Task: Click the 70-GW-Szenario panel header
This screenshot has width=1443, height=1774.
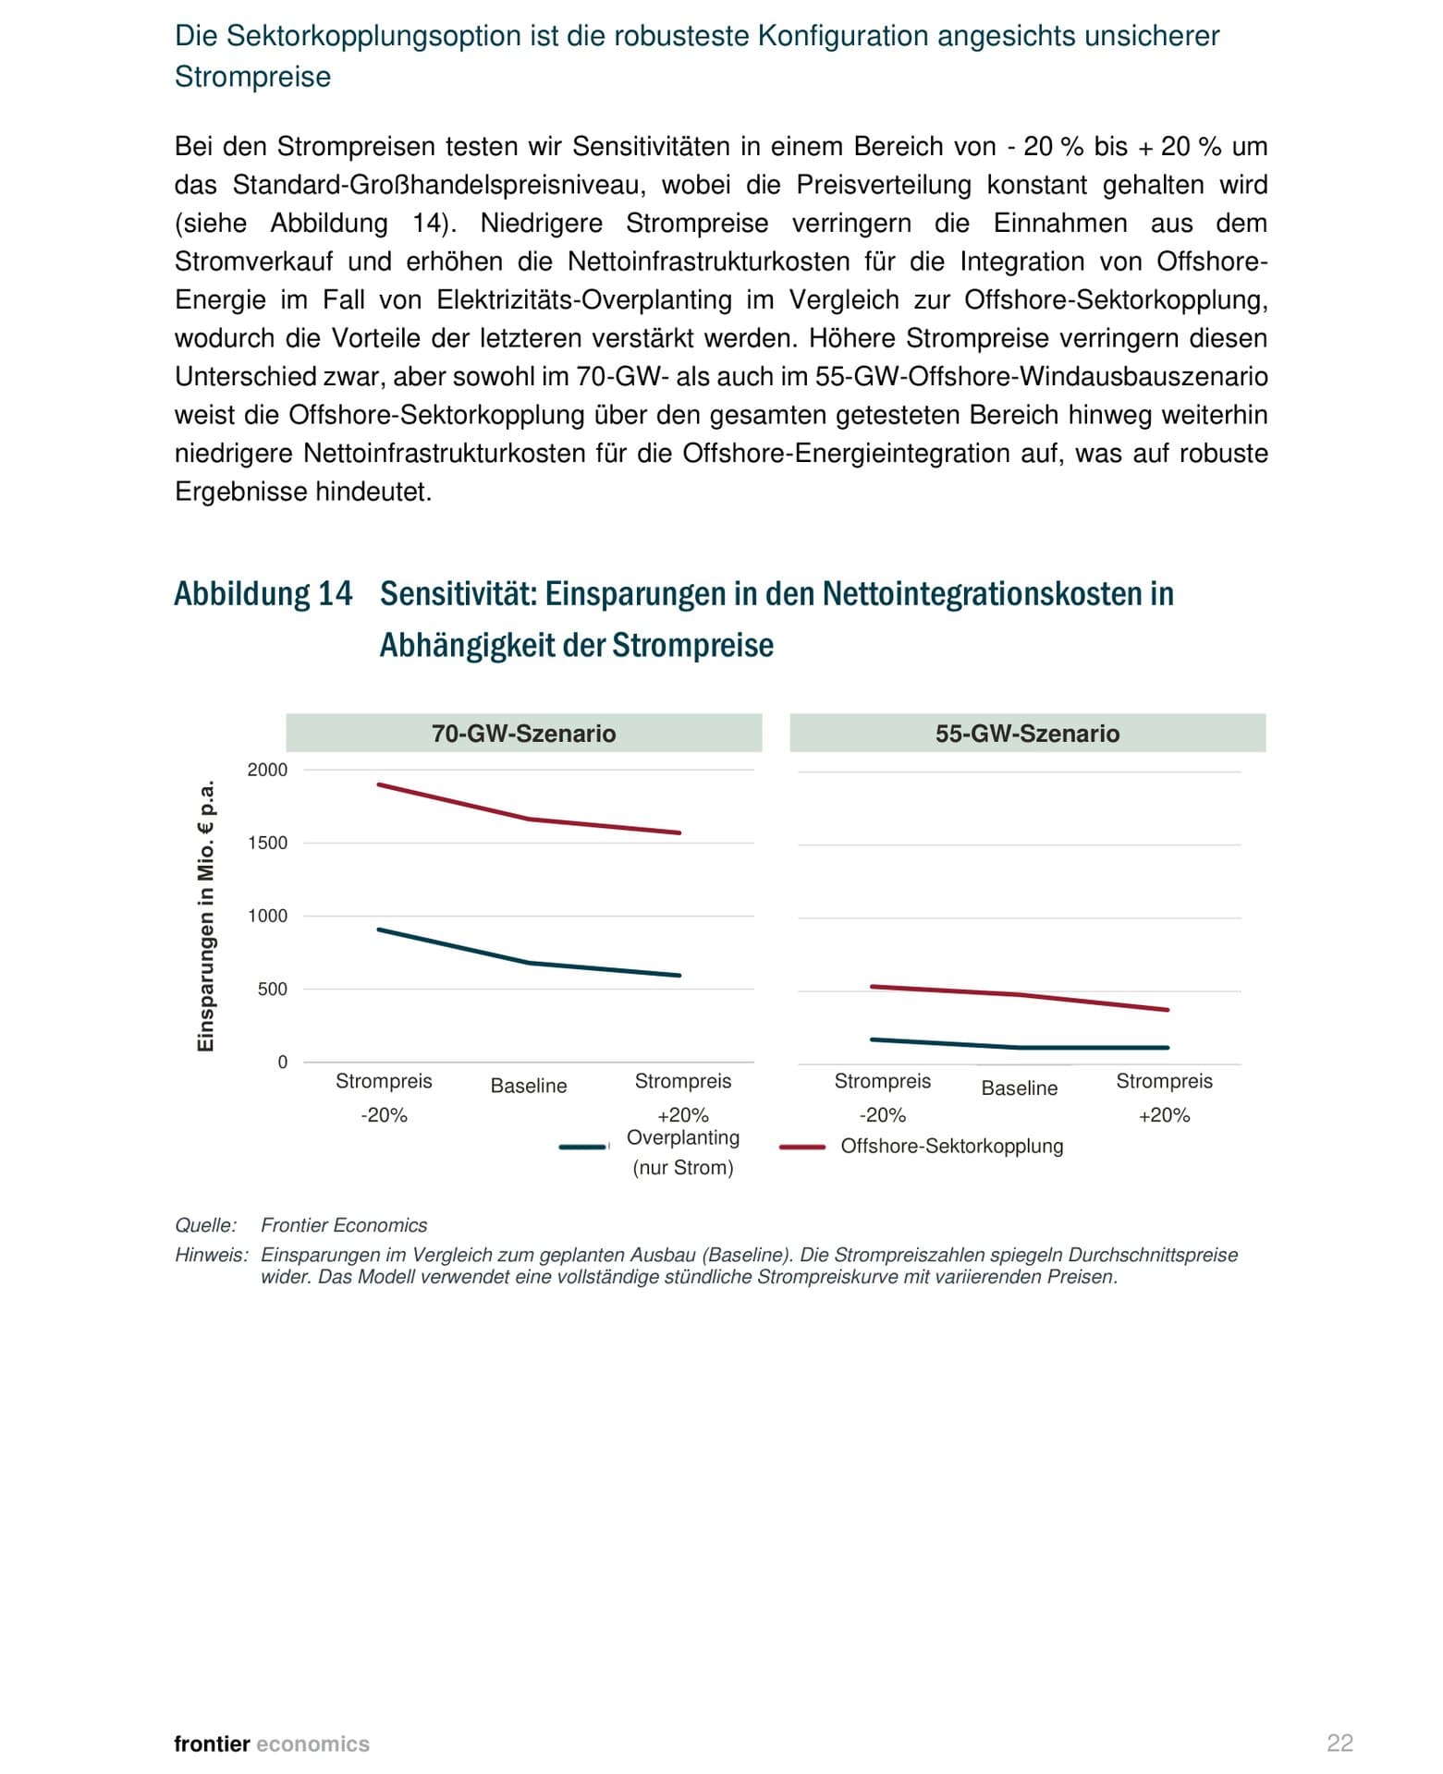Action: (523, 734)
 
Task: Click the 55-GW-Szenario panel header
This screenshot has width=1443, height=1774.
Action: (1027, 734)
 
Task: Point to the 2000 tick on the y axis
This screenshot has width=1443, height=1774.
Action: (267, 770)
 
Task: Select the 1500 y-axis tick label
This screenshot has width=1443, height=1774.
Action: (267, 843)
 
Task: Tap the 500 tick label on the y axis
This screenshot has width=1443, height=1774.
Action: (272, 989)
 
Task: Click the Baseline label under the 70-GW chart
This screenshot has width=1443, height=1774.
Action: (528, 1086)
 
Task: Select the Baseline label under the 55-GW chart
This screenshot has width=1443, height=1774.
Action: (1019, 1088)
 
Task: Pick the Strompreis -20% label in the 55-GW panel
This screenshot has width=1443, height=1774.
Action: (882, 1097)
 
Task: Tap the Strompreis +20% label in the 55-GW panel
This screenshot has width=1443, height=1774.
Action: (1164, 1097)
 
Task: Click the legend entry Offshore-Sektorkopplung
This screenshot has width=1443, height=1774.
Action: (951, 1146)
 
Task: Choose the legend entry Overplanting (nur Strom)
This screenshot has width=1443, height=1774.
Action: (682, 1151)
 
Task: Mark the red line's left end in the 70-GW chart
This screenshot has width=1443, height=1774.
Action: (379, 784)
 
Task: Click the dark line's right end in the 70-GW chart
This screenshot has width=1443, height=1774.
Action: (679, 975)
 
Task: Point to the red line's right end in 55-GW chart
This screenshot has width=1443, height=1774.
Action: (1168, 1010)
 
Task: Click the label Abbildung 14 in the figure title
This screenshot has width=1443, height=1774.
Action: (263, 593)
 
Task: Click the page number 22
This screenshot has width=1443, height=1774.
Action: (1339, 1743)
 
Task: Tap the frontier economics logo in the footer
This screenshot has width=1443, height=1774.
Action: (272, 1744)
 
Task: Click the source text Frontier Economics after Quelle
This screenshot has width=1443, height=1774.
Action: (344, 1225)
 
